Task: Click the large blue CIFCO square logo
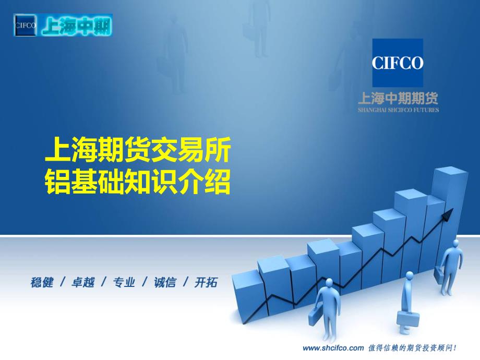pyautogui.click(x=398, y=63)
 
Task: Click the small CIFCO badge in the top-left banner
pyautogui.click(x=25, y=25)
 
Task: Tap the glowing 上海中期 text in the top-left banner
pyautogui.click(x=76, y=26)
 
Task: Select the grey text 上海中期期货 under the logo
pyautogui.click(x=398, y=98)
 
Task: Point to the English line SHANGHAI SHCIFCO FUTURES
pyautogui.click(x=398, y=110)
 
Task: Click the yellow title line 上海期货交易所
pyautogui.click(x=138, y=150)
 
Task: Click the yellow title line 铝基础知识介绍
pyautogui.click(x=138, y=182)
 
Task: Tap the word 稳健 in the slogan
pyautogui.click(x=42, y=282)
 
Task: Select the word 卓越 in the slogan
pyautogui.click(x=82, y=282)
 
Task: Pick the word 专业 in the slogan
pyautogui.click(x=124, y=282)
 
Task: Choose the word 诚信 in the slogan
pyautogui.click(x=165, y=282)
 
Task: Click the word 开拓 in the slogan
pyautogui.click(x=206, y=282)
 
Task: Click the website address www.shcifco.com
pyautogui.click(x=333, y=348)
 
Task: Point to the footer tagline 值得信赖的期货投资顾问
pyautogui.click(x=412, y=348)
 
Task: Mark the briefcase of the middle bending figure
pyautogui.click(x=409, y=319)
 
